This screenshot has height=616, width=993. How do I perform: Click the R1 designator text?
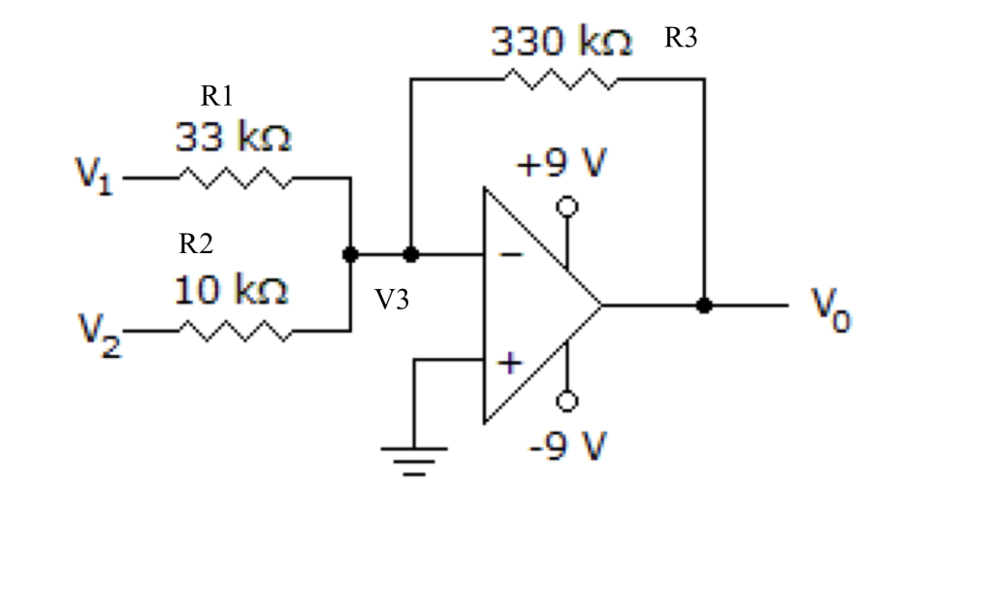click(217, 96)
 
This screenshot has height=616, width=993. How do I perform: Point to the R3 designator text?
click(681, 40)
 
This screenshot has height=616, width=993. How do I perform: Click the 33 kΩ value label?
click(234, 139)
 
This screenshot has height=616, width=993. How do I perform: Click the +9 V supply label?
click(560, 165)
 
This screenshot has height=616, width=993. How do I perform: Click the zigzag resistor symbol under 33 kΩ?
click(233, 178)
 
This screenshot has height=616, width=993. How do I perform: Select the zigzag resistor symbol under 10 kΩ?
click(233, 331)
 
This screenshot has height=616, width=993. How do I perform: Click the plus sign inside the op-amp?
click(510, 364)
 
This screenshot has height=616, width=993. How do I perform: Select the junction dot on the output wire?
click(705, 306)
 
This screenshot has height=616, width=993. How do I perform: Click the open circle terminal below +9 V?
click(567, 207)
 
